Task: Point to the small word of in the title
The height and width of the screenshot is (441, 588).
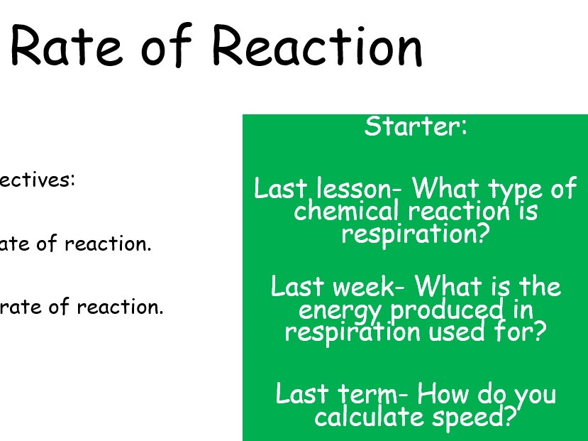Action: (x=167, y=47)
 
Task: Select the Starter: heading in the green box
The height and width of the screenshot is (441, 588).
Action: (x=416, y=126)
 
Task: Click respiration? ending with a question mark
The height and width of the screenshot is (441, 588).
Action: (x=416, y=234)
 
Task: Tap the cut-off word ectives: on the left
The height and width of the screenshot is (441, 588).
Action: (x=37, y=179)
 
